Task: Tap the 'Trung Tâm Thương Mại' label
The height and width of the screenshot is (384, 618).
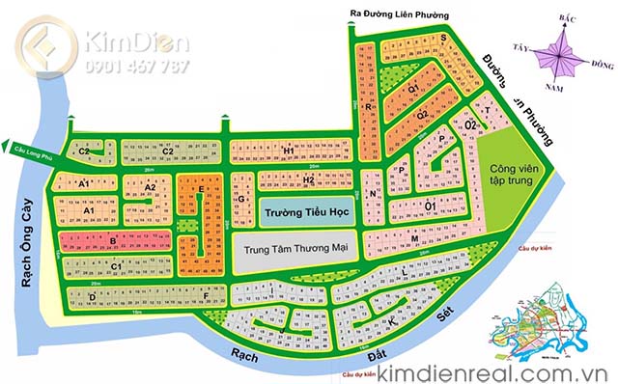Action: point(295,249)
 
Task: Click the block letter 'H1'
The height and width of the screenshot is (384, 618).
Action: point(288,151)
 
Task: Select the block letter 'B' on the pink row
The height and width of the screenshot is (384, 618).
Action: point(113,239)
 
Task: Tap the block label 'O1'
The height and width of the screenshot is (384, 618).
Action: point(430,204)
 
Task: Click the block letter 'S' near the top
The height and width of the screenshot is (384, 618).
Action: point(442,39)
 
